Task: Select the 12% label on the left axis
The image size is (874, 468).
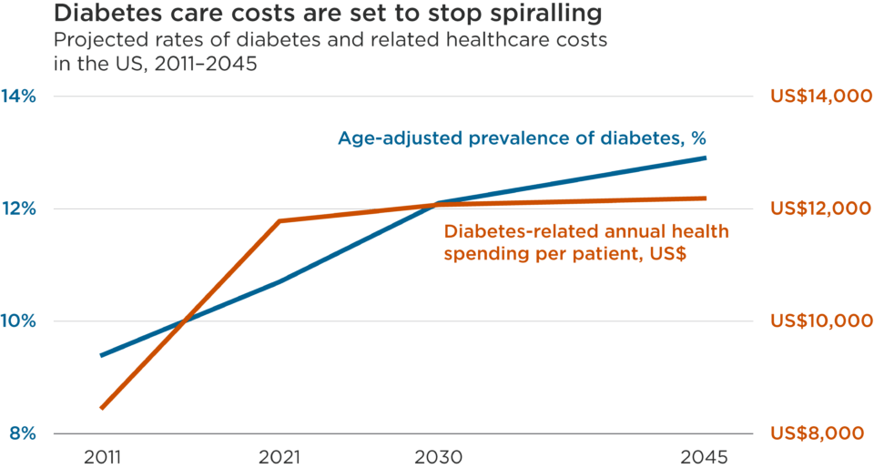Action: point(23,209)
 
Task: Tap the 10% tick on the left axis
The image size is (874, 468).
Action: point(23,321)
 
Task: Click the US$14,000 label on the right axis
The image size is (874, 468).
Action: point(815,97)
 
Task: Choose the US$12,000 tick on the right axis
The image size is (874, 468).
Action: point(815,209)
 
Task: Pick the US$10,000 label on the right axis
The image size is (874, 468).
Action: point(815,321)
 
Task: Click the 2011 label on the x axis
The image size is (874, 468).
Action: point(101,456)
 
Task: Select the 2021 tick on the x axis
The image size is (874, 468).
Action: point(279,456)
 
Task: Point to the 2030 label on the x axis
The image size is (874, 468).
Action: point(440,456)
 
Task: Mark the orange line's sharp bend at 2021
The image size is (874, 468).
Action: point(279,220)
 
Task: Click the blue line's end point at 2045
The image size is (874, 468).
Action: point(706,158)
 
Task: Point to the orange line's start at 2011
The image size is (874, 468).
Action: point(102,409)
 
